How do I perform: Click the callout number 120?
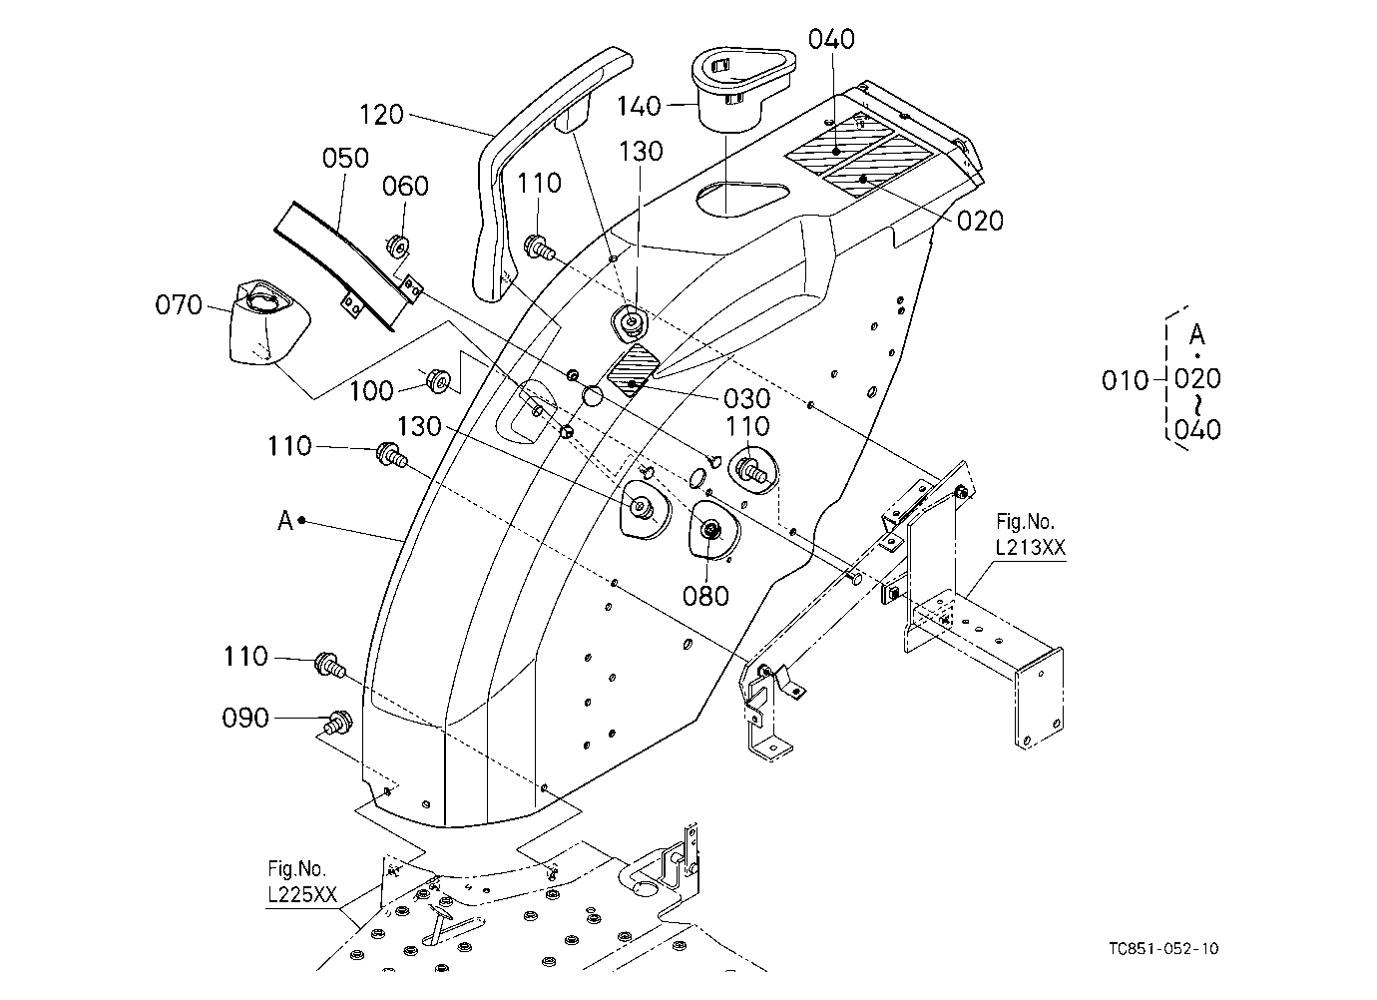pos(381,115)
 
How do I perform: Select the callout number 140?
pos(639,106)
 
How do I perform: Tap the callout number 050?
pos(345,158)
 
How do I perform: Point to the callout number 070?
pos(179,304)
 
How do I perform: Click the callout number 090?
pos(245,718)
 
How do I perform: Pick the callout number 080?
pos(705,596)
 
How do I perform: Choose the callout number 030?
pos(747,398)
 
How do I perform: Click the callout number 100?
pos(371,390)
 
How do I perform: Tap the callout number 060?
pos(405,186)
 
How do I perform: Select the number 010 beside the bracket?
pos(1125,380)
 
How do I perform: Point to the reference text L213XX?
pos(1031,547)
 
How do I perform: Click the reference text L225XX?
pos(302,894)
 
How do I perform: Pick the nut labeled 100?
pos(439,381)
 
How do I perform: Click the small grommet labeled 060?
pos(396,246)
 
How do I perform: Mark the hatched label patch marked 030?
pos(634,369)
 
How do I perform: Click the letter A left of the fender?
pos(284,521)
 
